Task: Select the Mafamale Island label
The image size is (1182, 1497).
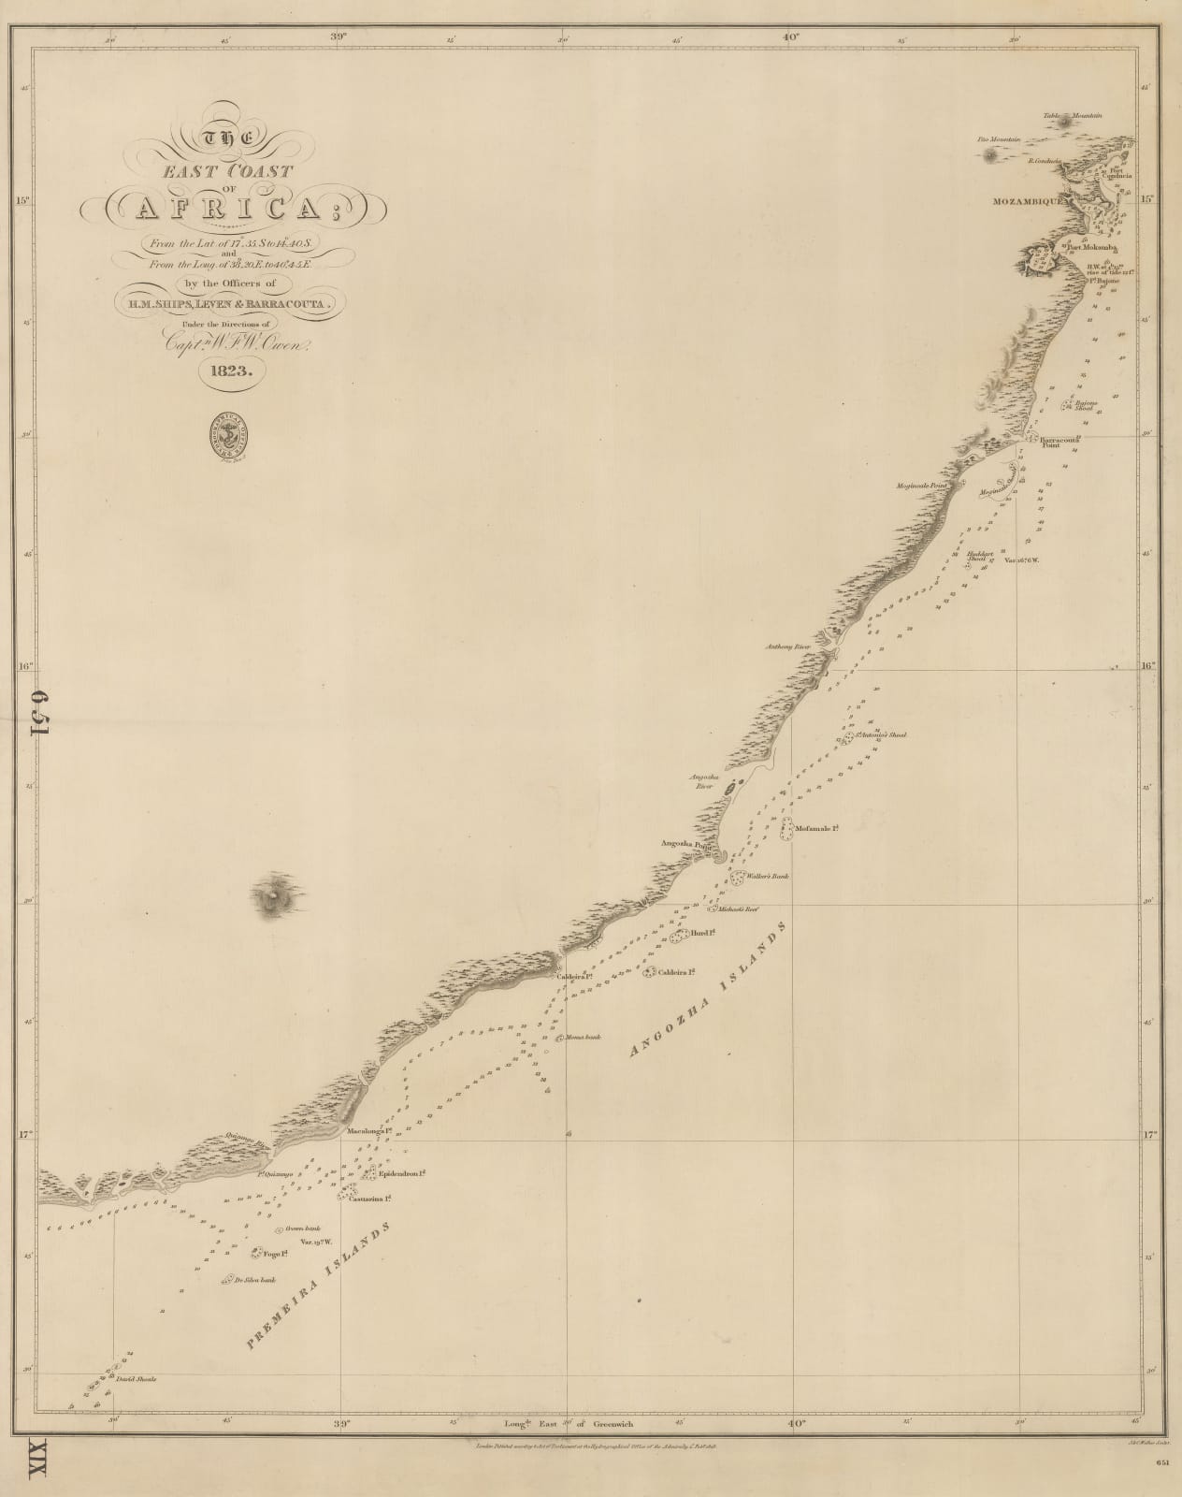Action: click(814, 828)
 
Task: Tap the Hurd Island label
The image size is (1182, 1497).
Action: click(700, 933)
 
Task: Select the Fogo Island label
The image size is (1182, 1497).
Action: click(275, 1253)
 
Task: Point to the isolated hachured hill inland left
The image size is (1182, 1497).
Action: click(273, 896)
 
